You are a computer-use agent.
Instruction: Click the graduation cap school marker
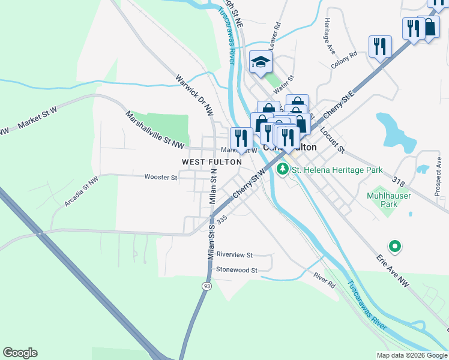261,62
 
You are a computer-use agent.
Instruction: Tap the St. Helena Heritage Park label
337,170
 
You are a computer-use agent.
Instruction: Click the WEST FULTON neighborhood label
212,162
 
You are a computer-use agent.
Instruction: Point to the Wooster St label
160,177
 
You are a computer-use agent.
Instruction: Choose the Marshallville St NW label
154,128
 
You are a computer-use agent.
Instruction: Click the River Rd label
324,280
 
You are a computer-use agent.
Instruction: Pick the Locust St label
332,139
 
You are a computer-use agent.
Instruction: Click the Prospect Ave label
438,171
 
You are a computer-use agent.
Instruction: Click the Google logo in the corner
20,353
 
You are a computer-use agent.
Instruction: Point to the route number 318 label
398,181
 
